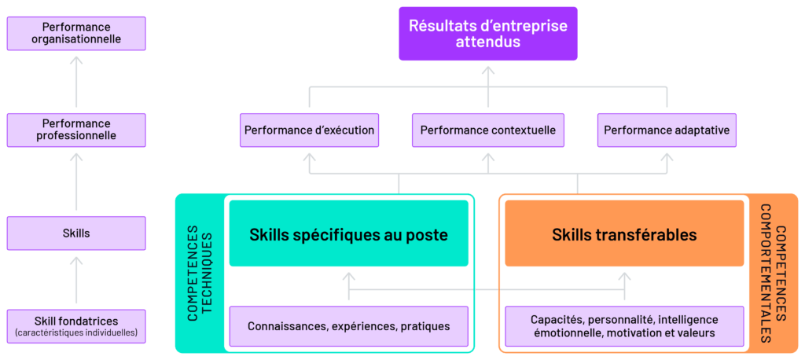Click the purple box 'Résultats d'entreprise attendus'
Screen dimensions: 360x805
(487, 34)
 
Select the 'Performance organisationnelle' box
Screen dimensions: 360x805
(76, 34)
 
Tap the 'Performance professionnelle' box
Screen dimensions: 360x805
(76, 130)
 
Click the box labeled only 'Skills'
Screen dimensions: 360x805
(76, 233)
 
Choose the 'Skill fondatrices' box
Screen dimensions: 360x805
(76, 326)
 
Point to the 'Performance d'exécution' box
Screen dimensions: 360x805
(309, 130)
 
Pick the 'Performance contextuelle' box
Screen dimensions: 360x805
(487, 130)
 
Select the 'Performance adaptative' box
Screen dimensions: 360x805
(667, 130)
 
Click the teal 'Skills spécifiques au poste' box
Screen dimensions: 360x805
(348, 234)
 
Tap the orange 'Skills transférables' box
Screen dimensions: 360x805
(624, 234)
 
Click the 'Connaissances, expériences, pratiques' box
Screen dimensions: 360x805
(348, 326)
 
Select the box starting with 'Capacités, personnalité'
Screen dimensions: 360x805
(624, 326)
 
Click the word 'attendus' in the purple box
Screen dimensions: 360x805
(487, 42)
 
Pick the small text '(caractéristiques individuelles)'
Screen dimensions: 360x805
(76, 333)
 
